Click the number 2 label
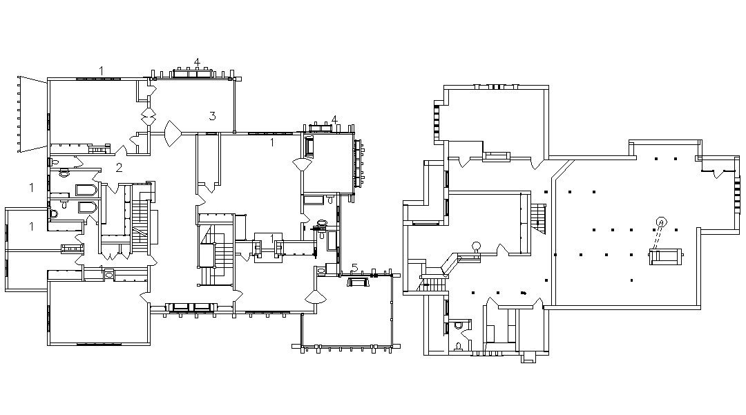(119, 167)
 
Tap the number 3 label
(213, 116)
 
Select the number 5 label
(355, 268)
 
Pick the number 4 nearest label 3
(197, 62)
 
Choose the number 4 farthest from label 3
(334, 119)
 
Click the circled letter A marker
(661, 222)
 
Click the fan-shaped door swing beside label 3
(173, 132)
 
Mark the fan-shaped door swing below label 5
(316, 297)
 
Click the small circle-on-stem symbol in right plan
(476, 247)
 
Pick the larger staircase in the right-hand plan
(539, 218)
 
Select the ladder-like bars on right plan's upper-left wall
(437, 123)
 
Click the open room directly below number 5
(345, 318)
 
